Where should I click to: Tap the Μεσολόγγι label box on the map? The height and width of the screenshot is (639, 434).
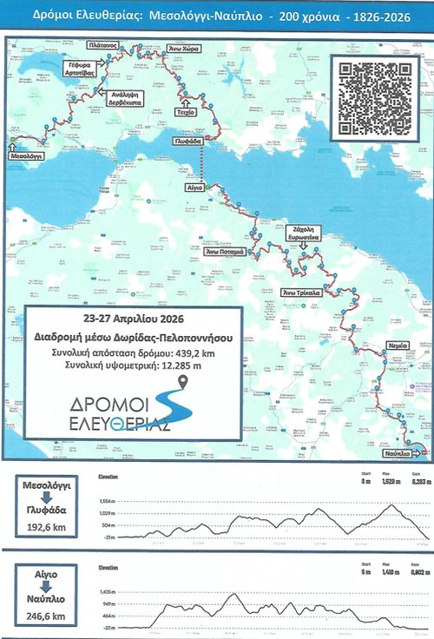(28, 159)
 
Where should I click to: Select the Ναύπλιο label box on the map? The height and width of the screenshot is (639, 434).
(393, 453)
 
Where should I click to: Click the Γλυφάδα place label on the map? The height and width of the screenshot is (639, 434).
(187, 141)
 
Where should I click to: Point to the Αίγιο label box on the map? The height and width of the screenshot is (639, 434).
(193, 186)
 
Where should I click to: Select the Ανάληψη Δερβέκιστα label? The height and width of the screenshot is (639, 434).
(122, 96)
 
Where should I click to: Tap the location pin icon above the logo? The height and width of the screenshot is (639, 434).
(182, 384)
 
